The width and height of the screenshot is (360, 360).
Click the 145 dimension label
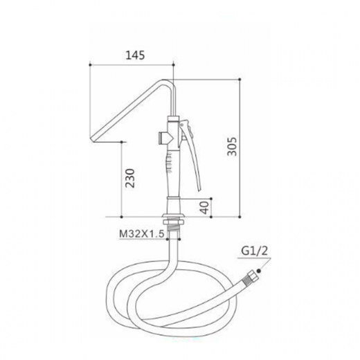tap(135, 55)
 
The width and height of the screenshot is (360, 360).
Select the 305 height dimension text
tap(232, 147)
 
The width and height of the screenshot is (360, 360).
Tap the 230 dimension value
tap(130, 178)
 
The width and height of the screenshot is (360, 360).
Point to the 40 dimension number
tap(204, 208)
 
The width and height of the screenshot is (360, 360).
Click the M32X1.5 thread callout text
tap(142, 234)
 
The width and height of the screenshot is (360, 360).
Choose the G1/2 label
tap(255, 251)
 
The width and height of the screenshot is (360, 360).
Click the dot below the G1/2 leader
tap(259, 271)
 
